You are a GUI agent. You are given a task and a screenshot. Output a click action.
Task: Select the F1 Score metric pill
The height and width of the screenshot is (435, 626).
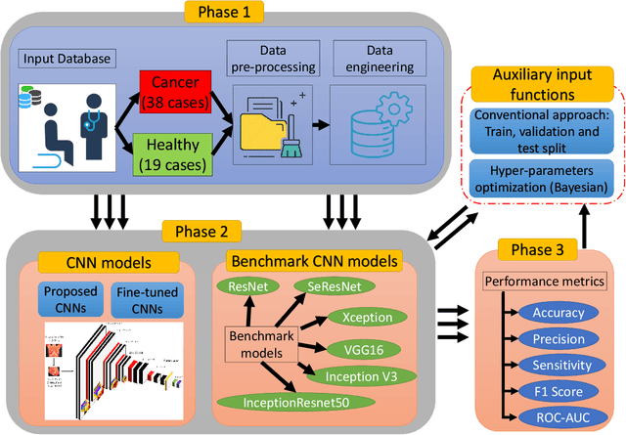click(x=560, y=390)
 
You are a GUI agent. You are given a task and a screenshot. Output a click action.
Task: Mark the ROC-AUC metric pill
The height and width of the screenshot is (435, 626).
click(x=560, y=415)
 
